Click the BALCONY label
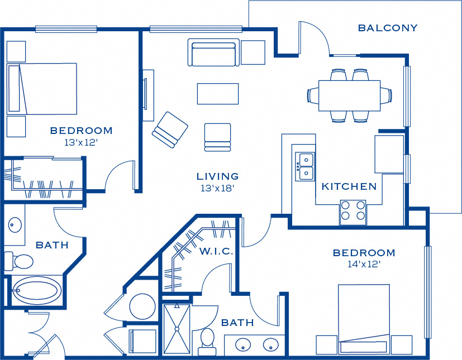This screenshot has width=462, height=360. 388,28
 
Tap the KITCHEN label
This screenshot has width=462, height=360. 349,186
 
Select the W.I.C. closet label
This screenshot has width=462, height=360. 216,251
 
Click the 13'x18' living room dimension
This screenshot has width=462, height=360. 217,188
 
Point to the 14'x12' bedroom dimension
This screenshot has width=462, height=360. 364,264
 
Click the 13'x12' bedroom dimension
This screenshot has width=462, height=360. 81,142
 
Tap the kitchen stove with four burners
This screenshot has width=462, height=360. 353,213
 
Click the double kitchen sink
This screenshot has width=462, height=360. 304,167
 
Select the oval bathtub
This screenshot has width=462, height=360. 36,291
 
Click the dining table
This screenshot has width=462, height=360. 350,95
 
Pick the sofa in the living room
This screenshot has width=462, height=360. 213,52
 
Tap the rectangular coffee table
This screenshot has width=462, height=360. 218,94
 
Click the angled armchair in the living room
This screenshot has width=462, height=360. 170,129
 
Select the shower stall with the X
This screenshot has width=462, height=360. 177,329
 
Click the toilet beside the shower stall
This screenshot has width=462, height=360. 207,342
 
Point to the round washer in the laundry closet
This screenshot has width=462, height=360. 142,307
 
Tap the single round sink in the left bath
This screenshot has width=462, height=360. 15,224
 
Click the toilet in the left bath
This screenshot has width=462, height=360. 18,261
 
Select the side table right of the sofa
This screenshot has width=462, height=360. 253,52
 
